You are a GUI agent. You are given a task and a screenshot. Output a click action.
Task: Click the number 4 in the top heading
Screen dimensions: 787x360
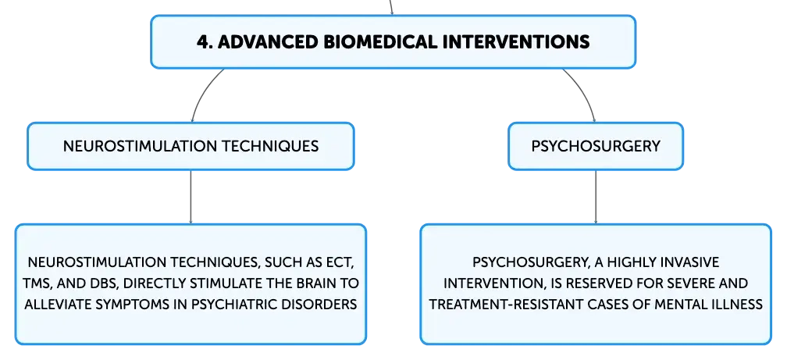tap(202, 41)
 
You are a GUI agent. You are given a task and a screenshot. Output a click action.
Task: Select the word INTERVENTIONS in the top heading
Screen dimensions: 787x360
tap(516, 41)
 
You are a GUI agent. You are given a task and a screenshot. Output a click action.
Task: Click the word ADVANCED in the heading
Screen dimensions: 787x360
tap(267, 41)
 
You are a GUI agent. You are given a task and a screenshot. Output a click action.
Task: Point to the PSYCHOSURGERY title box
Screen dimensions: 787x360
tap(596, 146)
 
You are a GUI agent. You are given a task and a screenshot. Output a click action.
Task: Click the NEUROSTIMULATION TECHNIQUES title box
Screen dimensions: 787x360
tap(191, 146)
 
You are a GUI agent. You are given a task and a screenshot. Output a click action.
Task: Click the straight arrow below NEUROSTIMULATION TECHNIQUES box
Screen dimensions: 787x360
tap(191, 197)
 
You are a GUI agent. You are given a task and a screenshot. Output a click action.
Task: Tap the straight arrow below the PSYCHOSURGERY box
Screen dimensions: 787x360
tap(596, 197)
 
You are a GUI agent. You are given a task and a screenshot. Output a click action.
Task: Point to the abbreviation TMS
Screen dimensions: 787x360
tap(37, 283)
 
